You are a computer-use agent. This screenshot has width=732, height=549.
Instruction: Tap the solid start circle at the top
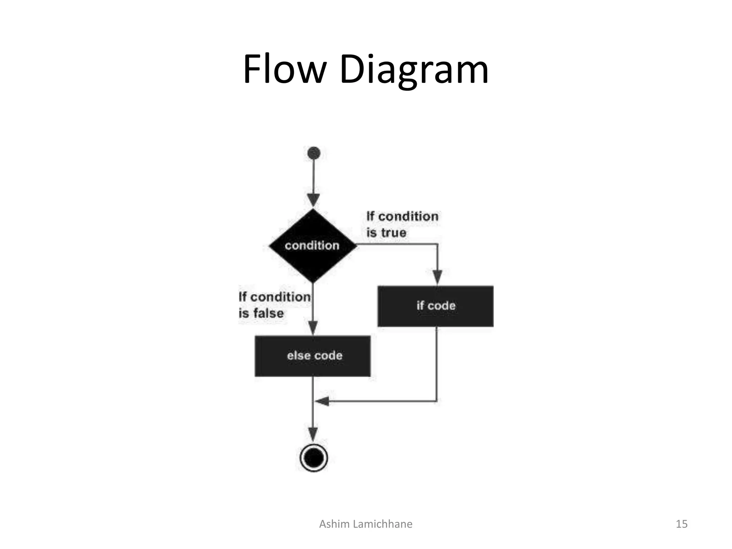point(313,153)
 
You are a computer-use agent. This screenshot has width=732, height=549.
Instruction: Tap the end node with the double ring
point(313,458)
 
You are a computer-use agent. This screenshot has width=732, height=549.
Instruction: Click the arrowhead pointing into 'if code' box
point(437,277)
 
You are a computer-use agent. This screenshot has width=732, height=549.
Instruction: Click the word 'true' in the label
point(394,233)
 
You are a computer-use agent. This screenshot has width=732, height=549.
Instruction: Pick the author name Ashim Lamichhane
point(365,524)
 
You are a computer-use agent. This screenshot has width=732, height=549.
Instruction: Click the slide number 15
point(681,524)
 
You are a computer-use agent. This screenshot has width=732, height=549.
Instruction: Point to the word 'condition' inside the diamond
point(312,246)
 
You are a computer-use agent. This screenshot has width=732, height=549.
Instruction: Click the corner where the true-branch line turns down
point(437,244)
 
